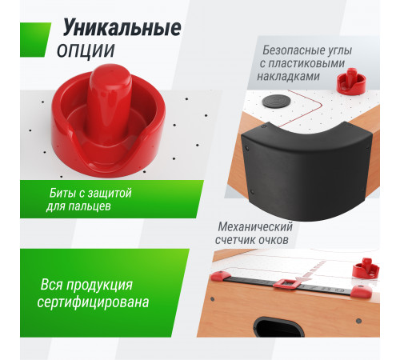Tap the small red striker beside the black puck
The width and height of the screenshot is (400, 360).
349,79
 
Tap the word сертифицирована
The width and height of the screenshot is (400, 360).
94,303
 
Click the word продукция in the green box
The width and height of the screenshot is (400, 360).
112,286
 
